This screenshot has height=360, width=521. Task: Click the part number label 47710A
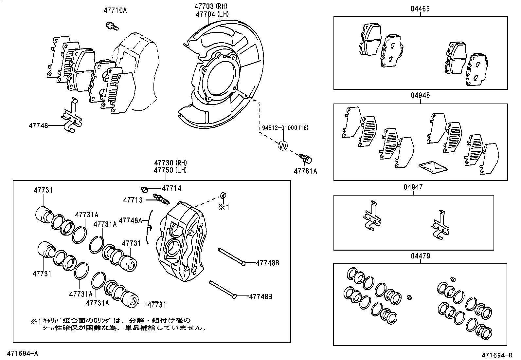pyautogui.click(x=115, y=10)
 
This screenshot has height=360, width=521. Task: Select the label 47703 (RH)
pyautogui.click(x=210, y=6)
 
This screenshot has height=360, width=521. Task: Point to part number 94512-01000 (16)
pyautogui.click(x=285, y=128)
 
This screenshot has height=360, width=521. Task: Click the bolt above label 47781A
pyautogui.click(x=306, y=159)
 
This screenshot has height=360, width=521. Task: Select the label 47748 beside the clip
pyautogui.click(x=38, y=125)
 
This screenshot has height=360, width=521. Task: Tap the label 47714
pyautogui.click(x=171, y=188)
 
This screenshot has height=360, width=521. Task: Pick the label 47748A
pyautogui.click(x=130, y=220)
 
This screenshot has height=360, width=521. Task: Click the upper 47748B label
pyautogui.click(x=267, y=263)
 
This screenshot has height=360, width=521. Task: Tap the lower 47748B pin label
pyautogui.click(x=260, y=297)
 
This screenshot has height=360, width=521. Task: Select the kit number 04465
pyautogui.click(x=420, y=9)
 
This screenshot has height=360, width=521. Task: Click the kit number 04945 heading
pyautogui.click(x=420, y=96)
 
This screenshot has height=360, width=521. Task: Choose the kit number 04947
pyautogui.click(x=413, y=187)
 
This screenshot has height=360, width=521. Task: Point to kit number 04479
pyautogui.click(x=420, y=256)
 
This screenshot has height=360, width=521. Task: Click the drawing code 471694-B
pyautogui.click(x=496, y=355)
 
